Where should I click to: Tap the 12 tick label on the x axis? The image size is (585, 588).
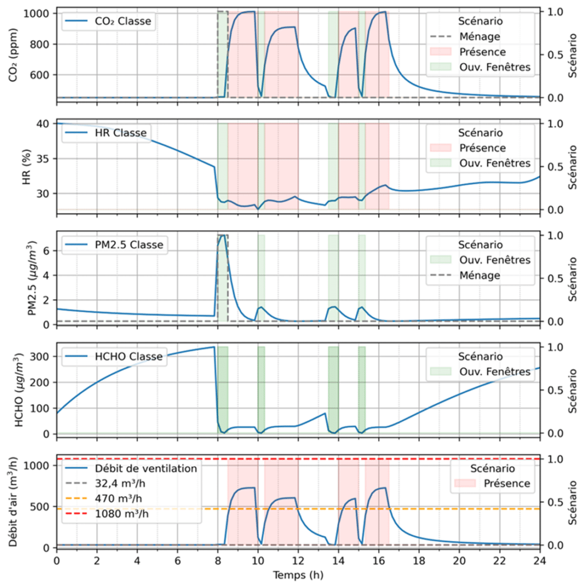click(298, 560)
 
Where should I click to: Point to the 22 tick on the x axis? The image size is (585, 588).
click(500, 560)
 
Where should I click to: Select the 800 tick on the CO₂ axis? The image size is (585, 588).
click(40, 44)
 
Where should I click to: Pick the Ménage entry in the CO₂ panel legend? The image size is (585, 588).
click(480, 36)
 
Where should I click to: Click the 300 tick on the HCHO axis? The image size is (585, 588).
click(40, 357)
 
